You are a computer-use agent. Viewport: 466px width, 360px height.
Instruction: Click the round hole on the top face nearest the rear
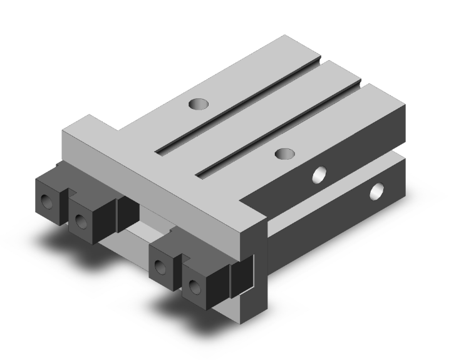[200, 103]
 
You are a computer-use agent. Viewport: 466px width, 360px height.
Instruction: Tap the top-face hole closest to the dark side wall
[285, 153]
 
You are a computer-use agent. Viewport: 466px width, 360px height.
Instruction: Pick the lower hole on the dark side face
[377, 190]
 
